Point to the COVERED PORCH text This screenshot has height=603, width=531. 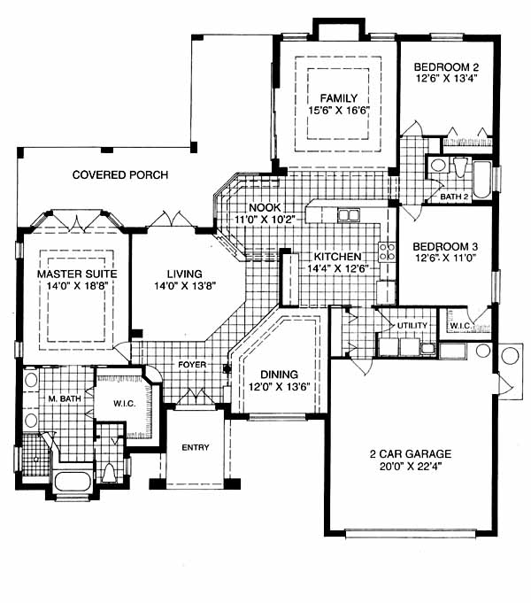pos(120,175)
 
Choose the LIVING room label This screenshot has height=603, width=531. pos(184,274)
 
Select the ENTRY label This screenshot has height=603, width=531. pos(195,447)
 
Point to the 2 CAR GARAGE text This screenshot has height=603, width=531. pos(409,455)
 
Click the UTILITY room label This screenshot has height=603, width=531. pos(412,326)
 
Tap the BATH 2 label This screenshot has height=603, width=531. pos(454,196)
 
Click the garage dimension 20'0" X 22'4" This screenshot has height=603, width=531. pos(409,468)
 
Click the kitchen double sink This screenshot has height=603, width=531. pos(349,215)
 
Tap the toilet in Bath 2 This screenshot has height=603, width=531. pos(460,166)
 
